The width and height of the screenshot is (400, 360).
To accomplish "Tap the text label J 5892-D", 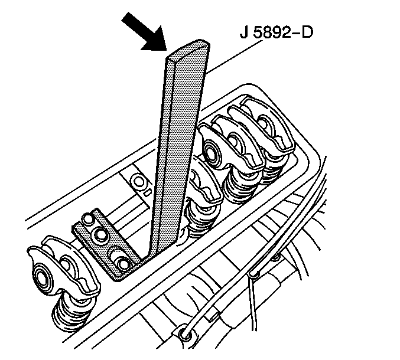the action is pyautogui.click(x=277, y=32).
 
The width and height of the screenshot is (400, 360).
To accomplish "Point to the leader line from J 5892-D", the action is pyautogui.click(x=234, y=58).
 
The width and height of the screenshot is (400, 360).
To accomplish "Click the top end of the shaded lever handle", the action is pyautogui.click(x=189, y=48).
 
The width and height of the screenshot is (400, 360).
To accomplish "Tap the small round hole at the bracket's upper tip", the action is pyautogui.click(x=88, y=219).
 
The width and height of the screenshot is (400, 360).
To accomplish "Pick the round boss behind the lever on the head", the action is pyautogui.click(x=138, y=182).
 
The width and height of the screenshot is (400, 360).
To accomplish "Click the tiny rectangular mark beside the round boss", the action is pyautogui.click(x=148, y=192).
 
